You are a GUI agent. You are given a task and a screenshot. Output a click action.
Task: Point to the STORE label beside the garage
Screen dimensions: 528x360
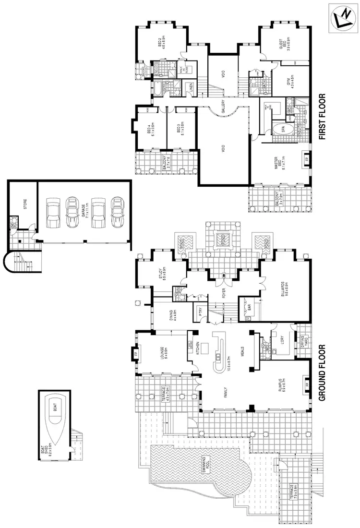(x=25, y=204)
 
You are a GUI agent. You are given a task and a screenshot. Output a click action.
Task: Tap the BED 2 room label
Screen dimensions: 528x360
(x=162, y=43)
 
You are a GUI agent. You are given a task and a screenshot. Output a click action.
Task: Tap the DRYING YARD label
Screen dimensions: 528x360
(x=303, y=339)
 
